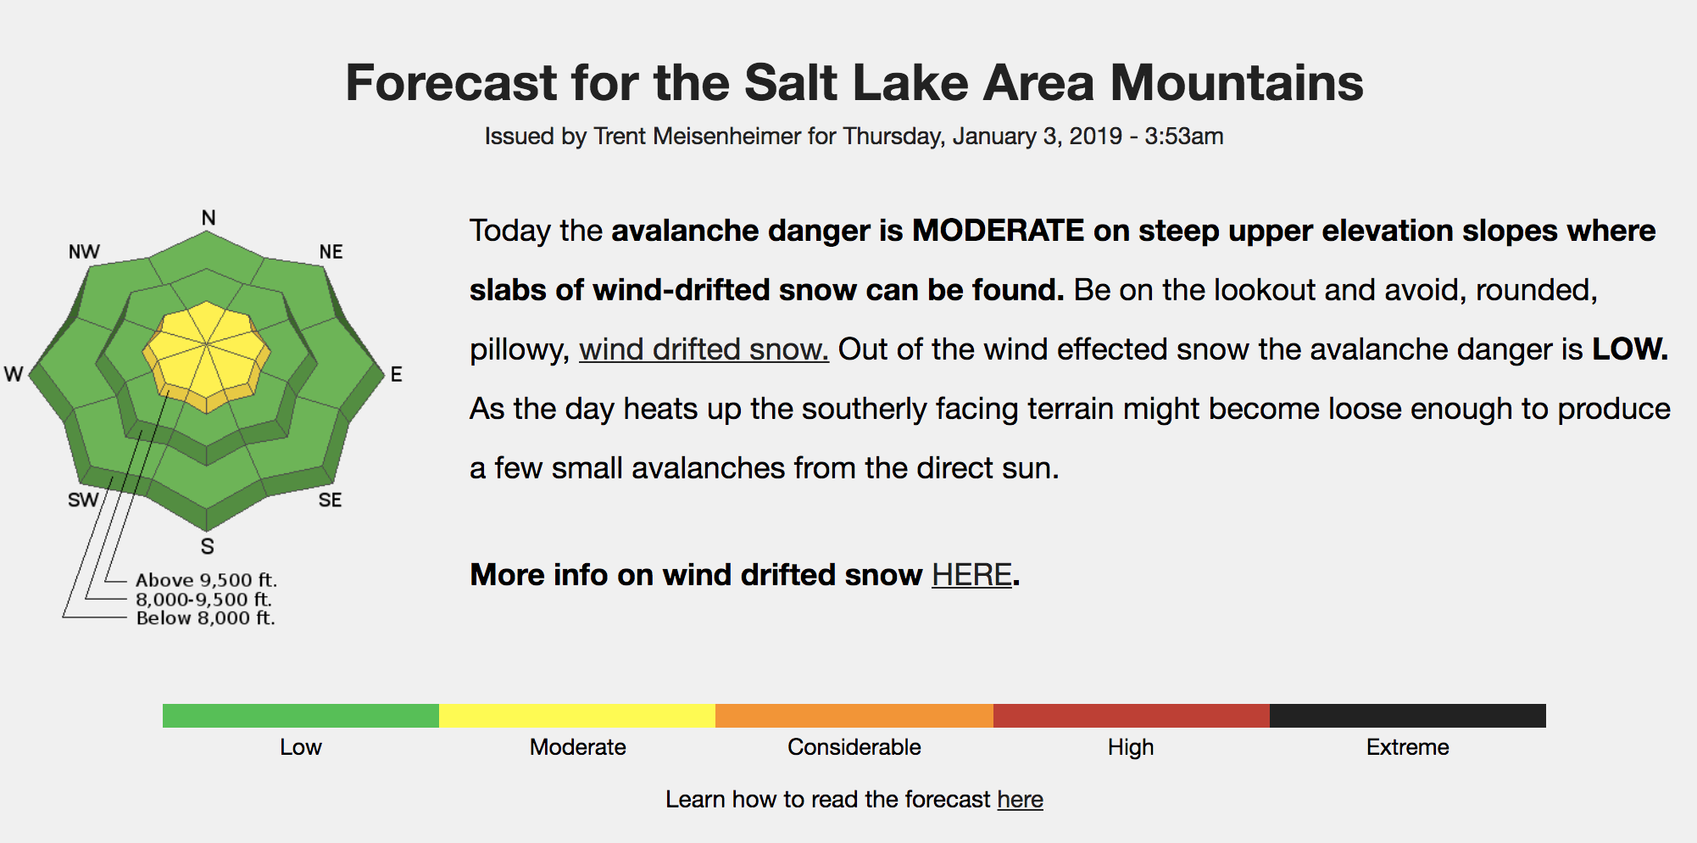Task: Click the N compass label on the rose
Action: (209, 218)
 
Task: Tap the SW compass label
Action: (83, 500)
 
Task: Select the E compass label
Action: (396, 375)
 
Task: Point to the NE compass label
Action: (331, 252)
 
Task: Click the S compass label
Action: (208, 547)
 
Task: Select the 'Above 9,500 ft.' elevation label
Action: (206, 580)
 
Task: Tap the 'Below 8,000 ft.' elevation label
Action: (206, 618)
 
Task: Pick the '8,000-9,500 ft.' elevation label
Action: (203, 600)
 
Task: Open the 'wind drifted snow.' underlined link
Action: (704, 349)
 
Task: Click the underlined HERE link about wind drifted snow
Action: (971, 575)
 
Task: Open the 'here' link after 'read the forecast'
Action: (1020, 800)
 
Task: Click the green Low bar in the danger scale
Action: (301, 716)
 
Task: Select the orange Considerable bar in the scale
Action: (854, 716)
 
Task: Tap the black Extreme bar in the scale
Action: (1408, 716)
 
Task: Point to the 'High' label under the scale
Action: (1131, 747)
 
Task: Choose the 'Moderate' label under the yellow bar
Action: (578, 747)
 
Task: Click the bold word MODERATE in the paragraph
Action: (998, 231)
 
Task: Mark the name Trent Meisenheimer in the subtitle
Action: (697, 137)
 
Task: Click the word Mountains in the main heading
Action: (1237, 83)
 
